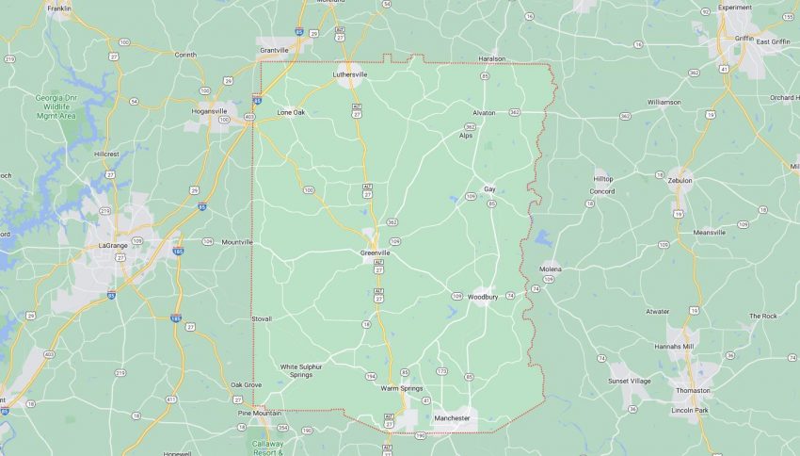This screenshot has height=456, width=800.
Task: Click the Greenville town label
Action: click(375, 252)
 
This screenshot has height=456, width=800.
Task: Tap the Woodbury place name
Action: click(482, 298)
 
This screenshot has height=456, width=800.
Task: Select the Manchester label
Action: click(452, 418)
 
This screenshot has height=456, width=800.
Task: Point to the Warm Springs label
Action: click(402, 388)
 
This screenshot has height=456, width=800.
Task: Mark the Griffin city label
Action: click(744, 39)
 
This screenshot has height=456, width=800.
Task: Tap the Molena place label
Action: click(551, 269)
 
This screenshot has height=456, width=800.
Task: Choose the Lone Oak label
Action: click(291, 113)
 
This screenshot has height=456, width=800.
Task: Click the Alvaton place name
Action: click(484, 112)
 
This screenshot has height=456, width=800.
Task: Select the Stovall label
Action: click(262, 318)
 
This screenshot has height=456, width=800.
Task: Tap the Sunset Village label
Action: click(629, 381)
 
